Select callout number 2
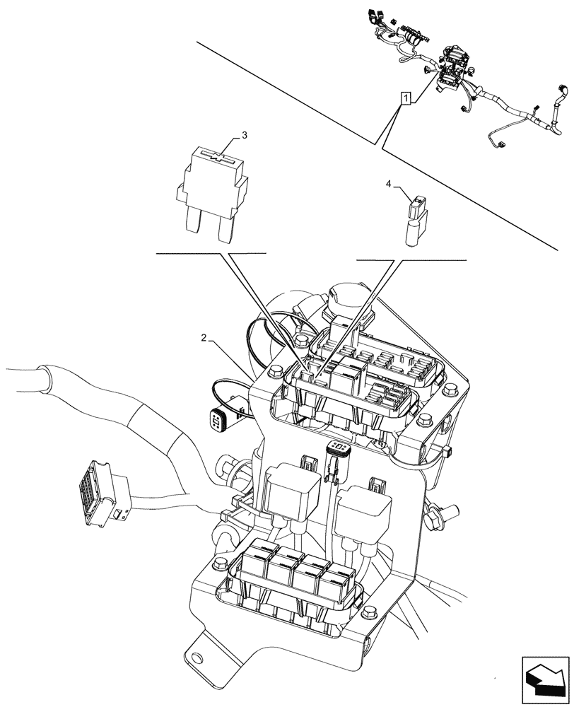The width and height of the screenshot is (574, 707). (204, 339)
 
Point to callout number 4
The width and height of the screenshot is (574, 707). (388, 184)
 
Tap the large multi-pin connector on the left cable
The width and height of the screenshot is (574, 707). (97, 489)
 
